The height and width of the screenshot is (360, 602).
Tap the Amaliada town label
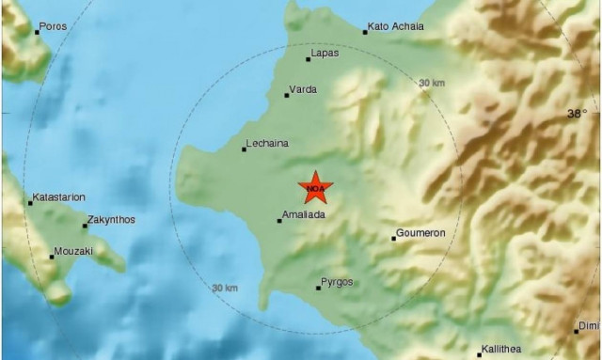pyautogui.click(x=304, y=215)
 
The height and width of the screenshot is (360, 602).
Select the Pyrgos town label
pyautogui.click(x=338, y=282)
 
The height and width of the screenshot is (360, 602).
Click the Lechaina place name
pyautogui.click(x=266, y=144)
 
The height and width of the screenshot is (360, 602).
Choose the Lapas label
pyautogui.click(x=325, y=54)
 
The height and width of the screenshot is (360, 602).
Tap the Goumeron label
pyautogui.click(x=421, y=233)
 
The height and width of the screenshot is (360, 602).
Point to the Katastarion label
pyautogui.click(x=59, y=197)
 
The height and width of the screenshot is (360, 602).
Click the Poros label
pyautogui.click(x=54, y=26)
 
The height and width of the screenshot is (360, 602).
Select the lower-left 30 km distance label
pyautogui.click(x=225, y=288)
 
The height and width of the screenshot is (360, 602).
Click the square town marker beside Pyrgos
pyautogui.click(x=318, y=287)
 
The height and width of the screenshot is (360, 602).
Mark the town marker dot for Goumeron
pyautogui.click(x=393, y=238)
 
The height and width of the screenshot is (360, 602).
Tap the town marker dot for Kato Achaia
pyautogui.click(x=365, y=32)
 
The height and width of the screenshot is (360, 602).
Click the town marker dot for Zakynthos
pyautogui.click(x=85, y=226)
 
